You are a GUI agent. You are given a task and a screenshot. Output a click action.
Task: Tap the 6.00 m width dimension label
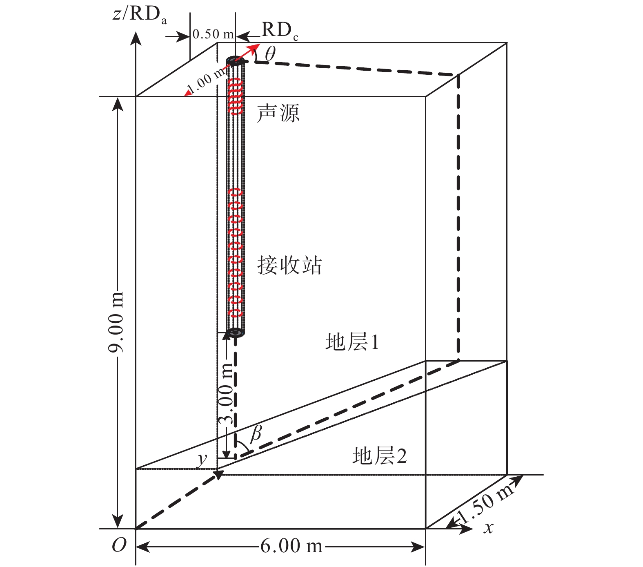291,546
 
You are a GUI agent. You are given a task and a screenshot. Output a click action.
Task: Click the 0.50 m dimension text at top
213,34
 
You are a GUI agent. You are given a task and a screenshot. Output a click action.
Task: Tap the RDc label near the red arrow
280,31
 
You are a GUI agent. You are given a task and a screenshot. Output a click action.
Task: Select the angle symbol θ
270,53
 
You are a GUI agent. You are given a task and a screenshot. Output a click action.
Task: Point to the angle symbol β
256,433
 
